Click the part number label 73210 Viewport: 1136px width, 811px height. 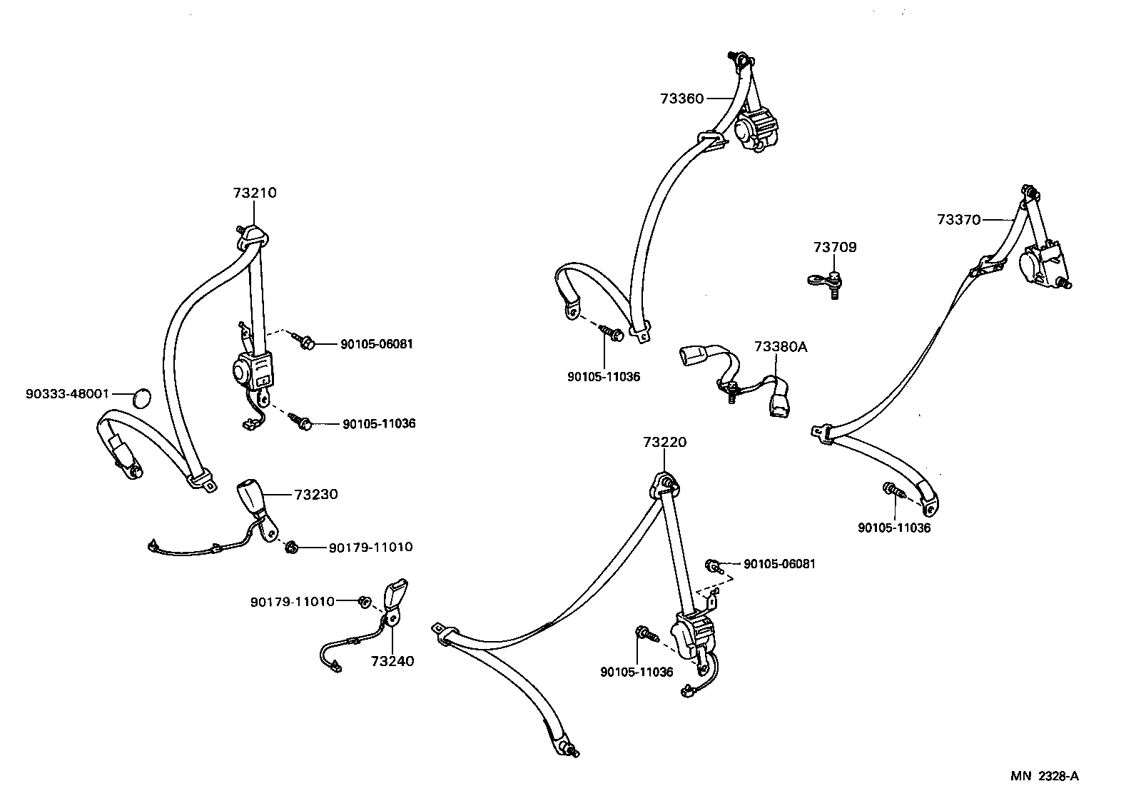coord(254,193)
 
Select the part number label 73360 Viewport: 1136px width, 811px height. coord(681,99)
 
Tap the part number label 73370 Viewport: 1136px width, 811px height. coord(958,220)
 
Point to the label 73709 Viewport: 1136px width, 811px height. coord(835,247)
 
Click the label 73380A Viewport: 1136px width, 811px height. coord(781,347)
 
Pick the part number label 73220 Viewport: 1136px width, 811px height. coord(664,443)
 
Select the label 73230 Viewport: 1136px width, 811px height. coord(315,494)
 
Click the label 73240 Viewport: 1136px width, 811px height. coord(392,661)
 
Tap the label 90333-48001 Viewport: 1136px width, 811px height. coord(67,393)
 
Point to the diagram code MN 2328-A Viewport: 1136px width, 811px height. coord(1044,776)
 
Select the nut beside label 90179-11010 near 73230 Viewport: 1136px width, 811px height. coord(291,548)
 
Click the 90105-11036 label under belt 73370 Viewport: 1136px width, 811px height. coord(894,528)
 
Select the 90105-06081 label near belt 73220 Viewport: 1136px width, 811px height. coord(779,564)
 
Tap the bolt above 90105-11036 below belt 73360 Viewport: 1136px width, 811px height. coord(612,333)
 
